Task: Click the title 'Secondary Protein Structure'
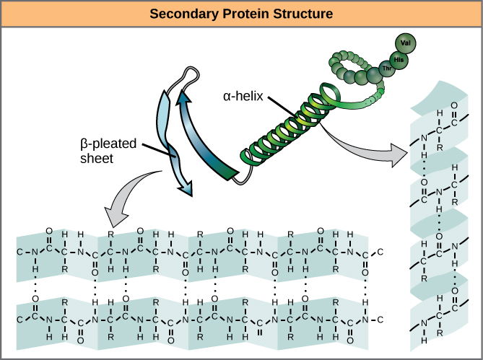241,14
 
